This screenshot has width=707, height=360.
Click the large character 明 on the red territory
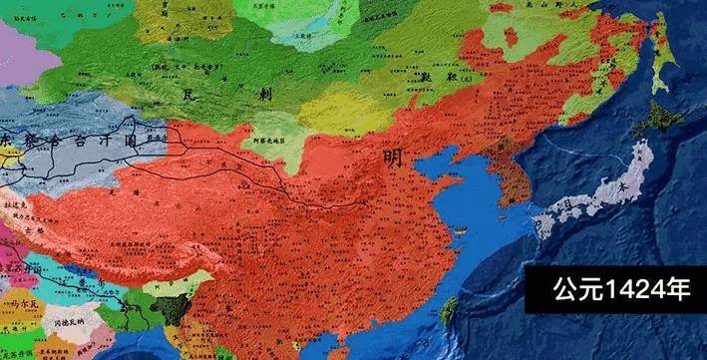[x=395, y=158]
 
